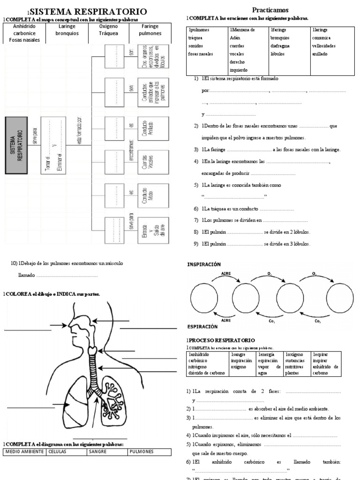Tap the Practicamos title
click(270, 9)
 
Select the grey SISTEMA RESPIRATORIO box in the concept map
click(16, 145)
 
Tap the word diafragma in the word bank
click(280, 46)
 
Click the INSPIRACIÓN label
click(204, 264)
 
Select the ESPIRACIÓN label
click(202, 326)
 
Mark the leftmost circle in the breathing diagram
click(205, 296)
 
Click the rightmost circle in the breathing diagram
click(340, 296)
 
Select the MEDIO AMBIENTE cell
click(24, 452)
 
